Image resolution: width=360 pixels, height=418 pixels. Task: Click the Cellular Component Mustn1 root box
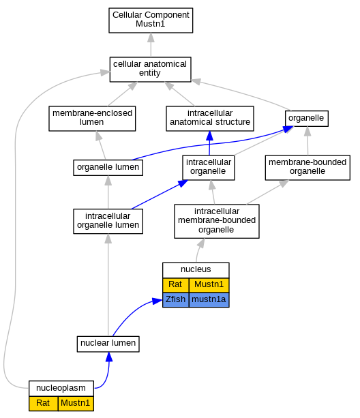(x=151, y=20)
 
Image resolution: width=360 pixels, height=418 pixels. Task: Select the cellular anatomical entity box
(x=150, y=70)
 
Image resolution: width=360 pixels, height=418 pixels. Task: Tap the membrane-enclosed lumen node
(x=92, y=119)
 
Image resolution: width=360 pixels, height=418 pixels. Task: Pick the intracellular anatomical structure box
(x=210, y=119)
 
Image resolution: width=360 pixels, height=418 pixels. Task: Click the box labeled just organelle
(x=307, y=119)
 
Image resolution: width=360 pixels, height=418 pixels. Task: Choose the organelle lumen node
(x=108, y=168)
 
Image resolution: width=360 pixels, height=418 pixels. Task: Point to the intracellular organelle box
(x=209, y=168)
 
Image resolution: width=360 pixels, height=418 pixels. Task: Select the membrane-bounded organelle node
(x=307, y=168)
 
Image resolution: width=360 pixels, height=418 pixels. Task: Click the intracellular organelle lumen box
(x=108, y=221)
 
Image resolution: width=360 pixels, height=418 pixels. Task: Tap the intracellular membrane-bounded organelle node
(x=217, y=221)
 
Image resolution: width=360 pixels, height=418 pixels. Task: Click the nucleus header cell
(x=196, y=270)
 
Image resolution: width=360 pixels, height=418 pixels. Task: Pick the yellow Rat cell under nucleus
(x=176, y=285)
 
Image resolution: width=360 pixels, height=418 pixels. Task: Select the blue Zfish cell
(x=176, y=300)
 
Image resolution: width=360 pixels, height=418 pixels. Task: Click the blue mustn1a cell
(x=209, y=300)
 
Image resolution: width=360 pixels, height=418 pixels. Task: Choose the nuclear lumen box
(x=108, y=344)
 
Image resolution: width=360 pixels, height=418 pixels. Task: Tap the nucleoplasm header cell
(x=61, y=389)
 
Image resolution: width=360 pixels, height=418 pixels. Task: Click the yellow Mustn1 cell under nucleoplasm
(x=76, y=403)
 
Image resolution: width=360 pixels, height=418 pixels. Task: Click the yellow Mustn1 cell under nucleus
(x=209, y=285)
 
